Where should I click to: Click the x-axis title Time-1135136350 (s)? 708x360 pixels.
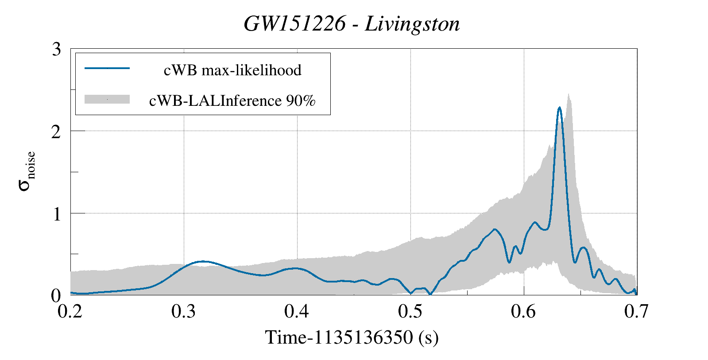352,337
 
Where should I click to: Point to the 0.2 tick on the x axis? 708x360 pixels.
71,311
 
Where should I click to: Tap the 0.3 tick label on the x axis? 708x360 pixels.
184,311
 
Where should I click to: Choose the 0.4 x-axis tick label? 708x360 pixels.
297,311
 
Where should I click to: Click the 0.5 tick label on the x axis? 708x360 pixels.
410,311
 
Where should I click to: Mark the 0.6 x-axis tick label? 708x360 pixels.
523,311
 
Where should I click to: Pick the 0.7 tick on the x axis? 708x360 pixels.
636,311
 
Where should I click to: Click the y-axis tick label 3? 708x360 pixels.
56,49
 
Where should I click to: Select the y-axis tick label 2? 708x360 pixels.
56,132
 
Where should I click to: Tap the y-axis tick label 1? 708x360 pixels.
56,214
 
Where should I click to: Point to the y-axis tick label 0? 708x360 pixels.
56,296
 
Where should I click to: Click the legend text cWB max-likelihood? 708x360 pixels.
232,70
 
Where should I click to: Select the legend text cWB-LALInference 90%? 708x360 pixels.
232,101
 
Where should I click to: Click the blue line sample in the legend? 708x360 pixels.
107,68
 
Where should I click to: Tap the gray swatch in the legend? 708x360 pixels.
107,99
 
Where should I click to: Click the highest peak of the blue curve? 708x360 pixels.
560,107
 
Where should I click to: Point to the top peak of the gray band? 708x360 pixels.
568,94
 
